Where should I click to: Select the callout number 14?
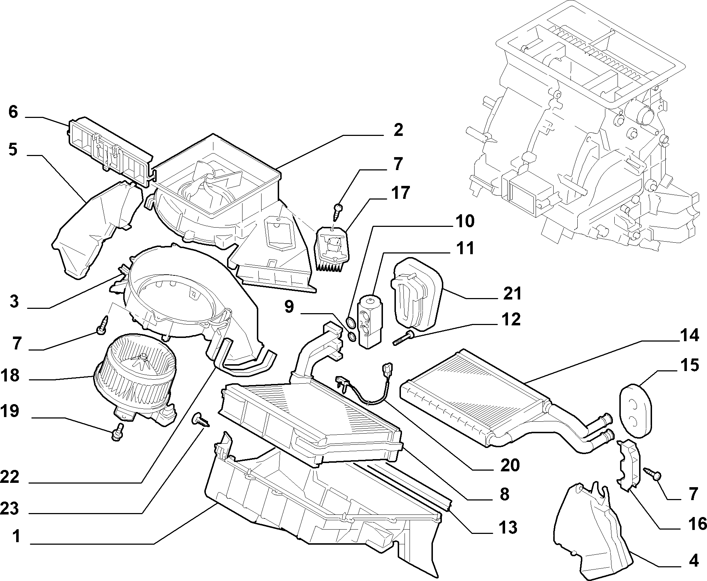pyautogui.click(x=689, y=335)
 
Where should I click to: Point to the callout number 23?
pyautogui.click(x=10, y=509)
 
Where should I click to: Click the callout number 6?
pyautogui.click(x=13, y=112)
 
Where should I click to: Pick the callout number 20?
pyautogui.click(x=510, y=465)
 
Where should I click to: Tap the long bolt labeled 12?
pyautogui.click(x=404, y=338)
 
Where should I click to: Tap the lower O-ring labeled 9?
pyautogui.click(x=353, y=337)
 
